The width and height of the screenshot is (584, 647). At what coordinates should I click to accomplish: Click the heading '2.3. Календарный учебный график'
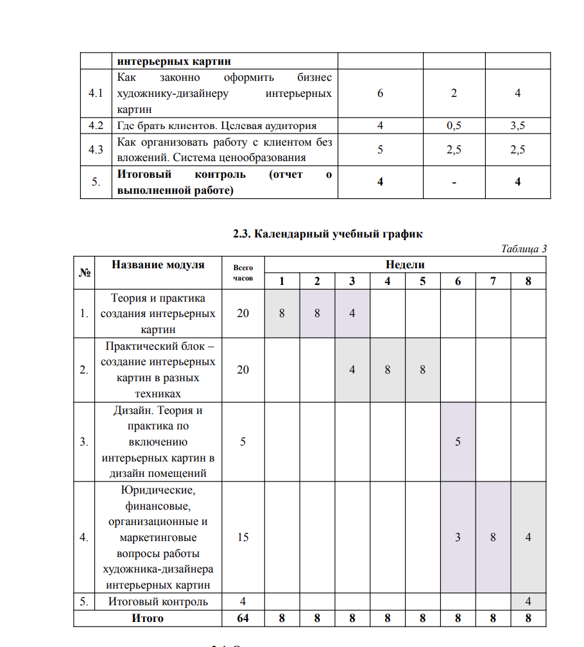[x=328, y=234]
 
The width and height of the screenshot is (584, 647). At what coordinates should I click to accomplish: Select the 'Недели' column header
[x=405, y=264]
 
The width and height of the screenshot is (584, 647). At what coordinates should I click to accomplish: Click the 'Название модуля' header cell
[x=158, y=264]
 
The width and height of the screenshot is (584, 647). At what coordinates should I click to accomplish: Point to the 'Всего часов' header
[x=243, y=273]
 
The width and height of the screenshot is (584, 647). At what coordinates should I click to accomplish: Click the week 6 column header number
[x=458, y=281]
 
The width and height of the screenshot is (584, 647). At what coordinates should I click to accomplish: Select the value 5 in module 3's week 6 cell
[x=458, y=442]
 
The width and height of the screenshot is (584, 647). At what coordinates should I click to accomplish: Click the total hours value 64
[x=243, y=618]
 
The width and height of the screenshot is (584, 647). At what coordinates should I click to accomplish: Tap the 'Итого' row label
[x=148, y=618]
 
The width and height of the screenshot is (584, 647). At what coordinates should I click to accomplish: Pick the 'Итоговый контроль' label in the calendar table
[x=158, y=601]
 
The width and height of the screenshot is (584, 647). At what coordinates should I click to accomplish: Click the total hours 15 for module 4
[x=243, y=537]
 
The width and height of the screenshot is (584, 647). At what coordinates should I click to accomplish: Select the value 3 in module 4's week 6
[x=458, y=537]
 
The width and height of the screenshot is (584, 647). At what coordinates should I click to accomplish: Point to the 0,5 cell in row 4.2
[x=454, y=126]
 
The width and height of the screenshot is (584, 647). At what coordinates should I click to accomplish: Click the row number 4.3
[x=96, y=150]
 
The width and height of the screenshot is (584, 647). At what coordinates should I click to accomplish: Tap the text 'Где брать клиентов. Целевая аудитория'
[x=216, y=126]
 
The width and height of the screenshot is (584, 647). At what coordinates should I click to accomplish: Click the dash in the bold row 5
[x=454, y=182]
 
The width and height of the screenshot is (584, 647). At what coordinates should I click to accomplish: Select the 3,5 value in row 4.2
[x=517, y=126]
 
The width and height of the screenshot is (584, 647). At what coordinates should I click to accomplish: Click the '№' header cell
[x=85, y=272]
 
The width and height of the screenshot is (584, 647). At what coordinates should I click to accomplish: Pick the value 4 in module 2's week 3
[x=352, y=370]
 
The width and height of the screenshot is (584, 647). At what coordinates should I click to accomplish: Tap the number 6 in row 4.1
[x=381, y=93]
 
